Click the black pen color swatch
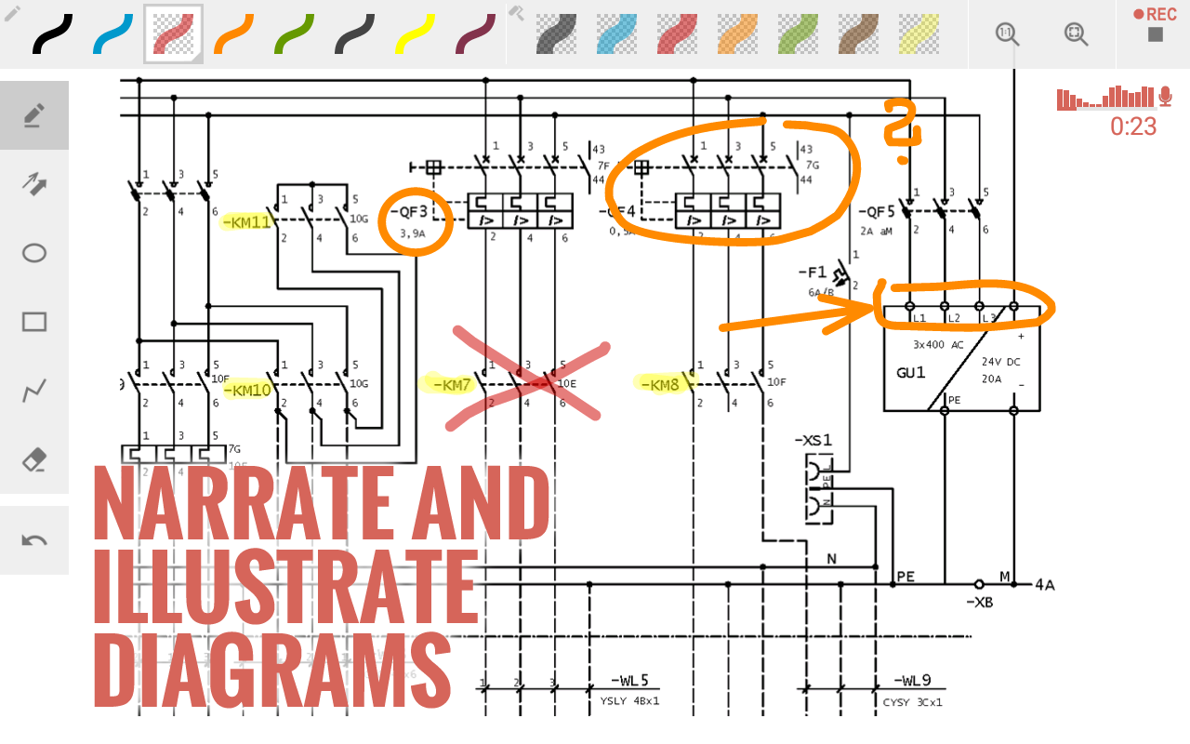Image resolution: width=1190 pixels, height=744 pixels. pyautogui.click(x=53, y=34)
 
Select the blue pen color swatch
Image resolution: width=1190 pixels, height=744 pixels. pyautogui.click(x=113, y=34)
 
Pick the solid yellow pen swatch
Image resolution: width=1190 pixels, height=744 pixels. pyautogui.click(x=416, y=34)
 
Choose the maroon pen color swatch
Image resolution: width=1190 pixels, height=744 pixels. pyautogui.click(x=476, y=34)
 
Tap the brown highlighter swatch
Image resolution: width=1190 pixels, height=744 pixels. pyautogui.click(x=857, y=34)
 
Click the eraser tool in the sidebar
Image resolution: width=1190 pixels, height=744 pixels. pyautogui.click(x=34, y=459)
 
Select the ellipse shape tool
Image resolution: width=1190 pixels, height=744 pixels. pyautogui.click(x=34, y=253)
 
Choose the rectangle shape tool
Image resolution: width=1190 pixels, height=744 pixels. pyautogui.click(x=34, y=322)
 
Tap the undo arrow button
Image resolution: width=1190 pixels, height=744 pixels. pyautogui.click(x=34, y=539)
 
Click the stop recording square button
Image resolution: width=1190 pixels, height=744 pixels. pyautogui.click(x=1156, y=35)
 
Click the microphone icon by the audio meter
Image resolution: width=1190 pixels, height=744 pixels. pyautogui.click(x=1165, y=97)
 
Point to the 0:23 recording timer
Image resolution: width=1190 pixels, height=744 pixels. pyautogui.click(x=1133, y=126)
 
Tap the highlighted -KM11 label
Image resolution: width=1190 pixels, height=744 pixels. pyautogui.click(x=246, y=223)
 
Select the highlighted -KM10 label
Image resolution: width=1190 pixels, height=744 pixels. pyautogui.click(x=247, y=390)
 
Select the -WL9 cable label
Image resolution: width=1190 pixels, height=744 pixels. pyautogui.click(x=912, y=681)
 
